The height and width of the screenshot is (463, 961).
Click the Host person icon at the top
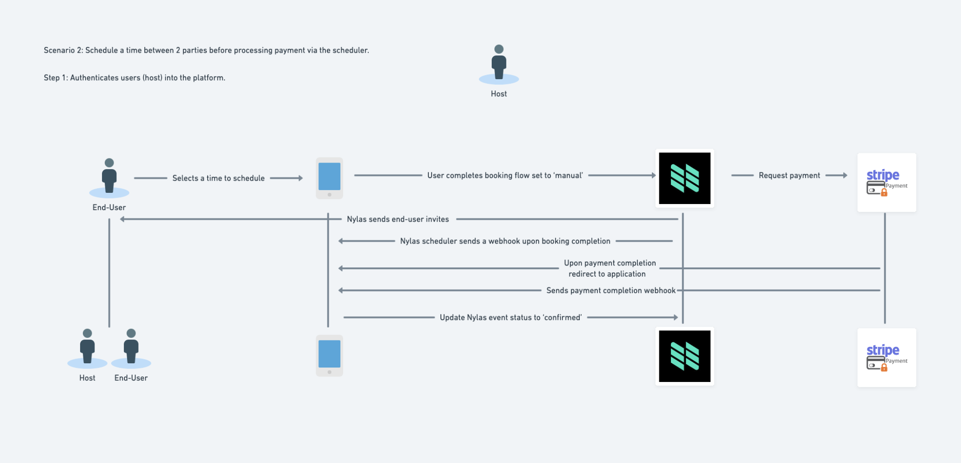click(499, 64)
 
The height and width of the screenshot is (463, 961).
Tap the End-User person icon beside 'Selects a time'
click(109, 178)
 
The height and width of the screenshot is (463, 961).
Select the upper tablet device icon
click(330, 178)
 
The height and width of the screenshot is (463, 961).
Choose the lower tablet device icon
click(330, 356)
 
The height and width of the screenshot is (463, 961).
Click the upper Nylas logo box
click(684, 178)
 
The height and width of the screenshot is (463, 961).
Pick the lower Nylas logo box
click(684, 356)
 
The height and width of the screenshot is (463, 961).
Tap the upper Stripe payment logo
click(887, 183)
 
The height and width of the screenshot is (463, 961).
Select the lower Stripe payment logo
click(887, 358)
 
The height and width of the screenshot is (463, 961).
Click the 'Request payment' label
click(789, 176)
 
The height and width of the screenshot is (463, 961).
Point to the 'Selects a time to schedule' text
click(218, 178)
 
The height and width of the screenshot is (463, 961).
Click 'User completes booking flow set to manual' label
click(505, 176)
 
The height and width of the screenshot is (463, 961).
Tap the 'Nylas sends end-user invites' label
click(398, 219)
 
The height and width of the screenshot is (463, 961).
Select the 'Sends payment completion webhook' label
click(611, 291)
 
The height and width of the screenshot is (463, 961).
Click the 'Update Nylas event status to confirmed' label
click(511, 318)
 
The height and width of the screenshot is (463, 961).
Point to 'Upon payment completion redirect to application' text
click(609, 269)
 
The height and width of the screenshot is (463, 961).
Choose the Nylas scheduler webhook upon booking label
click(505, 241)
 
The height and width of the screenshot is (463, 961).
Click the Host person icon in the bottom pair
click(88, 348)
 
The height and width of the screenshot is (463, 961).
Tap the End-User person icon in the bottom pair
click(131, 348)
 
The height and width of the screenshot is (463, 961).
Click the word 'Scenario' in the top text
click(59, 50)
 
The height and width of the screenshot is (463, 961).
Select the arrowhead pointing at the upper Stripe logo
click(845, 176)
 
